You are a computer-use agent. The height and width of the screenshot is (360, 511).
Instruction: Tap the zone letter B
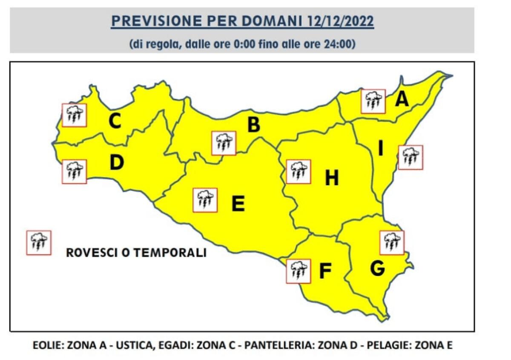pyautogui.click(x=254, y=125)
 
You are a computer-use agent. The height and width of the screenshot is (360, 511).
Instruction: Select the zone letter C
pyautogui.click(x=115, y=121)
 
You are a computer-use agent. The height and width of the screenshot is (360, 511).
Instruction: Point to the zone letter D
pyautogui.click(x=116, y=163)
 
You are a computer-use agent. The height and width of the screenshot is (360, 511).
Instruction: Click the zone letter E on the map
pyautogui.click(x=238, y=204)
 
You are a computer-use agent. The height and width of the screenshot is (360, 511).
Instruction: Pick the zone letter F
pyautogui.click(x=325, y=271)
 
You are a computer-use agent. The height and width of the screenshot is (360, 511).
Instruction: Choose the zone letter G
pyautogui.click(x=378, y=268)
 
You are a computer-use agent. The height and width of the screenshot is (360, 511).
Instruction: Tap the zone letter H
pyautogui.click(x=332, y=178)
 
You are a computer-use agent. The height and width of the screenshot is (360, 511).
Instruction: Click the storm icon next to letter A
pyautogui.click(x=373, y=101)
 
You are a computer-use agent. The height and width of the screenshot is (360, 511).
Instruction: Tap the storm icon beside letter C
pyautogui.click(x=75, y=115)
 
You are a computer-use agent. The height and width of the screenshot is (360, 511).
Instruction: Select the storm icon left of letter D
pyautogui.click(x=75, y=171)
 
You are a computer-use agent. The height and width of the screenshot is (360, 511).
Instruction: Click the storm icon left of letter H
pyautogui.click(x=299, y=172)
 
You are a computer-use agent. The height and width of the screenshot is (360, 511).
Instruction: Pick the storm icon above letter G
pyautogui.click(x=391, y=243)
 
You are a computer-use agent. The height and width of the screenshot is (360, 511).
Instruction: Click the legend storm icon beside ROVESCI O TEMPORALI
pyautogui.click(x=39, y=243)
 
